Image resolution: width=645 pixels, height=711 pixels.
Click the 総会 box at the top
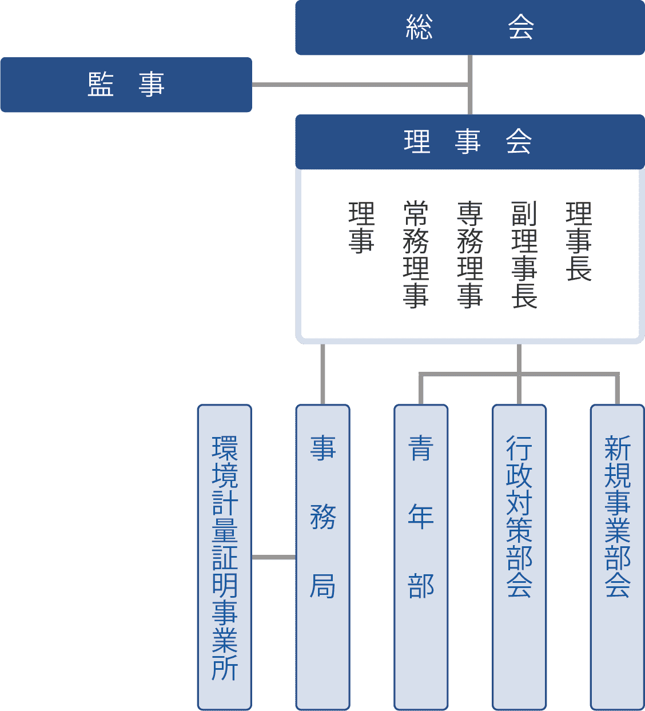click(469, 27)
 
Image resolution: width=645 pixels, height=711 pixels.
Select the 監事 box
click(126, 85)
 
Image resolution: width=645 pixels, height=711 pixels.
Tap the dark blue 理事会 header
click(469, 141)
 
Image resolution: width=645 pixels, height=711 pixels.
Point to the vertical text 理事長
click(578, 241)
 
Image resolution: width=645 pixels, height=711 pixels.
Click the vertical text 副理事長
click(524, 255)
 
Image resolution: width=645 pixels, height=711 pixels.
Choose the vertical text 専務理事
click(470, 255)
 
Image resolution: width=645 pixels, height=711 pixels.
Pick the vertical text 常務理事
click(416, 255)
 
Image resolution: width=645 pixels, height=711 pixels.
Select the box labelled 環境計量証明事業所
click(225, 557)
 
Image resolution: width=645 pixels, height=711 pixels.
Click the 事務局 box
click(322, 557)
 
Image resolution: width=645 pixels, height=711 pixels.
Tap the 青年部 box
click(421, 557)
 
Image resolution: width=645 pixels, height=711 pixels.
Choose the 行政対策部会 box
click(519, 557)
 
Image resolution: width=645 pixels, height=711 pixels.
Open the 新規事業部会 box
click(618, 557)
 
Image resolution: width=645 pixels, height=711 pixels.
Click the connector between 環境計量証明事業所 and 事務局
click(273, 557)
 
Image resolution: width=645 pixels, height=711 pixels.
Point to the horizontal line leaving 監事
click(360, 85)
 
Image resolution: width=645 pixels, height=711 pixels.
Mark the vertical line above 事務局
click(322, 374)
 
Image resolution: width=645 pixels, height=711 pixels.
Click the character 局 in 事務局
click(322, 586)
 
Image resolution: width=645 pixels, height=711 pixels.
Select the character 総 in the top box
click(419, 27)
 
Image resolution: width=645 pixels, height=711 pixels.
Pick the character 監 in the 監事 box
click(101, 85)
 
